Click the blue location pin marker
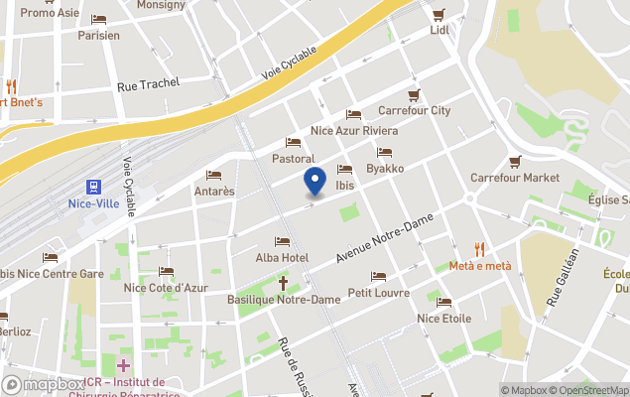coord(315,182)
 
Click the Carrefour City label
coord(415,110)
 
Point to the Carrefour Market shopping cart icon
coord(515,162)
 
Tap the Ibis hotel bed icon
coord(344,170)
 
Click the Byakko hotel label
coord(384,169)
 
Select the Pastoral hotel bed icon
coord(293,143)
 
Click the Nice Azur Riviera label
coord(354,131)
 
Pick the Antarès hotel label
coord(213,191)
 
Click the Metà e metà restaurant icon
coord(479,250)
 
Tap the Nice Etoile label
coord(443,319)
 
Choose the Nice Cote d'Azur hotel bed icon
coord(166,272)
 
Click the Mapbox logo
coord(44,384)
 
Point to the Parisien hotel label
coord(98,35)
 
